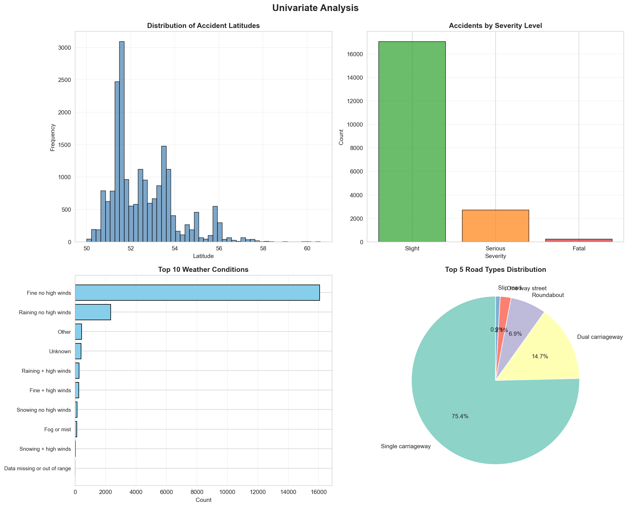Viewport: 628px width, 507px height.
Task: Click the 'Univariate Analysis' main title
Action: pos(315,8)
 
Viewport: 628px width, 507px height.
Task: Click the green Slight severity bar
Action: pos(412,142)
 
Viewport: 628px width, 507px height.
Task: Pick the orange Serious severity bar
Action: pos(495,226)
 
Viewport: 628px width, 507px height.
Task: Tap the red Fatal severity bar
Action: pos(579,240)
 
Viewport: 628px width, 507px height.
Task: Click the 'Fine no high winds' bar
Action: pos(197,292)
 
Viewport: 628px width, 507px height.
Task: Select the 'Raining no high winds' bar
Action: pos(93,312)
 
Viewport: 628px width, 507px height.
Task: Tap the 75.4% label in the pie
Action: pos(460,416)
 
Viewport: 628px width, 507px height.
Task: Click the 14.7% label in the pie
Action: pos(540,356)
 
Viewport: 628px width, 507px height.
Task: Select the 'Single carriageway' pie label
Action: pos(406,446)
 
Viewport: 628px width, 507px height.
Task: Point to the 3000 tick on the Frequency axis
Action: pos(64,47)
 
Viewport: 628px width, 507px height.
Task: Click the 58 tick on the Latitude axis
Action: pos(263,248)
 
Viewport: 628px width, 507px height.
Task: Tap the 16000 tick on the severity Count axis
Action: pos(355,54)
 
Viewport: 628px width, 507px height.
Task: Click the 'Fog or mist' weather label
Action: pos(58,429)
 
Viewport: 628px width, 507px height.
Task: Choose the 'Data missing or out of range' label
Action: pos(38,469)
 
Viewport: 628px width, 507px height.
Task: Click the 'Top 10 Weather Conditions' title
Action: pos(203,270)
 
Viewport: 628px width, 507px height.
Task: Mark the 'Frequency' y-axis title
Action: pos(53,137)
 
